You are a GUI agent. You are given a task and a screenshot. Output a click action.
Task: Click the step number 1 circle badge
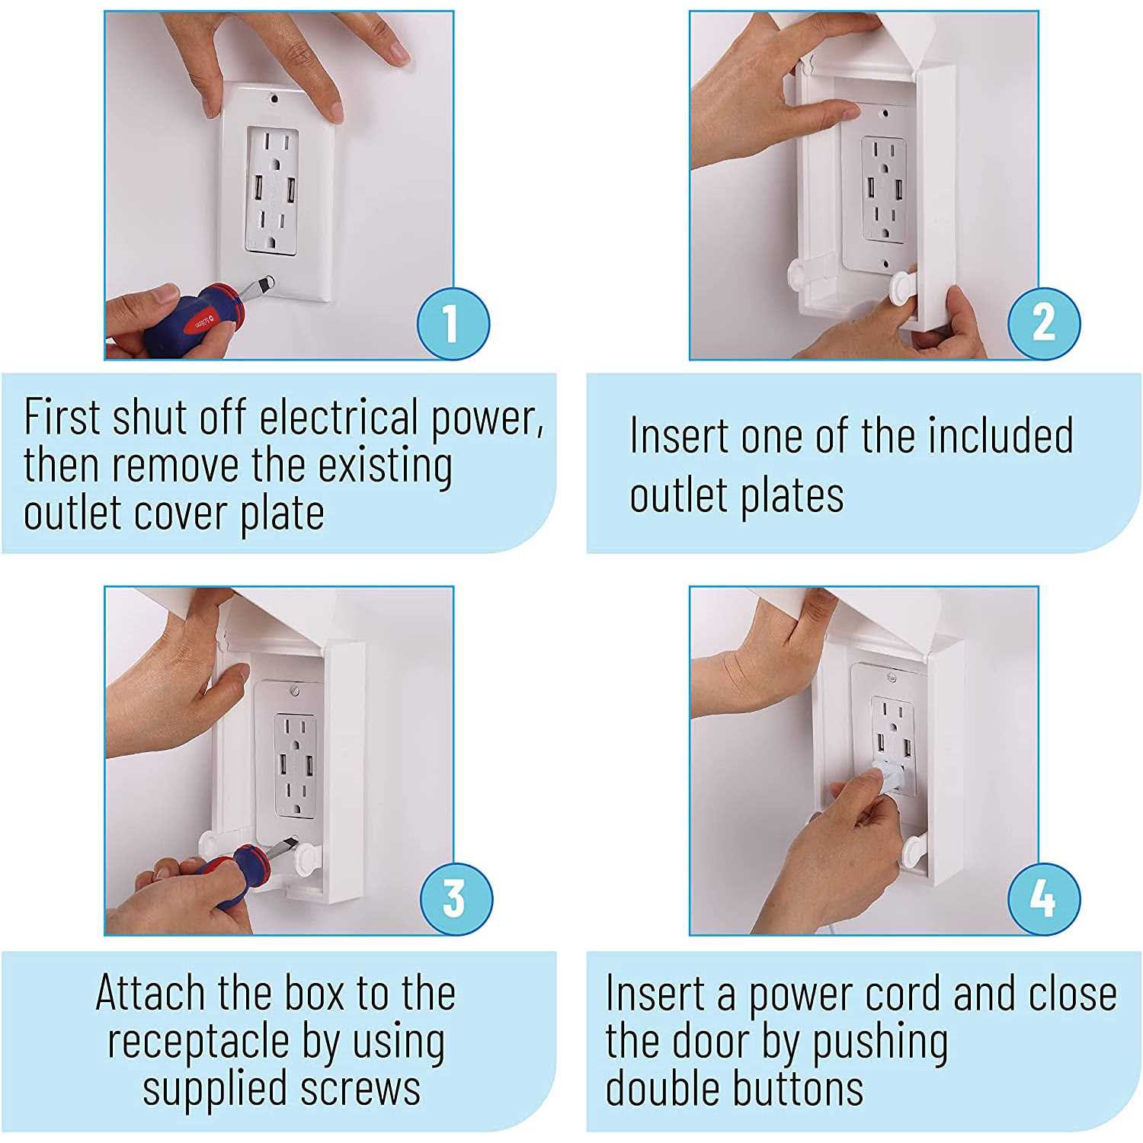453,323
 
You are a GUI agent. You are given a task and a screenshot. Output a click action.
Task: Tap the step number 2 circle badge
1044,323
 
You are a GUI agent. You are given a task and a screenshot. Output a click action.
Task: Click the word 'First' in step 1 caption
62,416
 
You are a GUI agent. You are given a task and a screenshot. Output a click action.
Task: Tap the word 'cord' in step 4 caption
906,994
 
